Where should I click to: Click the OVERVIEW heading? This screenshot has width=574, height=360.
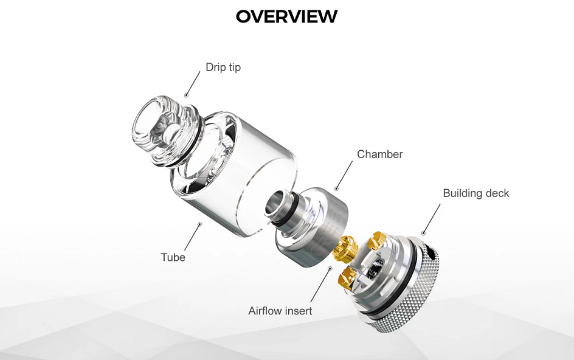coord(286,16)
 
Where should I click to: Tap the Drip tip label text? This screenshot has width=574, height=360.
coord(223,67)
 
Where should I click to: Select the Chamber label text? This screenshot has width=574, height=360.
coord(379,154)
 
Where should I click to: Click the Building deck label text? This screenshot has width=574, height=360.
coord(476,193)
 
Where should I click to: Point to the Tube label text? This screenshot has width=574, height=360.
coord(173,257)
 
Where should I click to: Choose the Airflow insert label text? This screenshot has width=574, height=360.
coord(280,311)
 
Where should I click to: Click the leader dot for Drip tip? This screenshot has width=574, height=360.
coord(186,95)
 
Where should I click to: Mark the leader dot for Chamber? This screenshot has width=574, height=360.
coord(336,189)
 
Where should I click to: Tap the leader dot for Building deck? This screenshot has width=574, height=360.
coord(424,232)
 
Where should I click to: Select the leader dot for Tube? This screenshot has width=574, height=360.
coord(199,224)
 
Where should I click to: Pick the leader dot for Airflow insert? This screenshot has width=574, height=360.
coord(330,268)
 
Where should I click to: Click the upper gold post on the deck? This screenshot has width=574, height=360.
coord(378,240)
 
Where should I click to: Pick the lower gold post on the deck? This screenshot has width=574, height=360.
coord(349,275)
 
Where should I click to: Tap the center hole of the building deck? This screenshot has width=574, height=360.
coord(375,268)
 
